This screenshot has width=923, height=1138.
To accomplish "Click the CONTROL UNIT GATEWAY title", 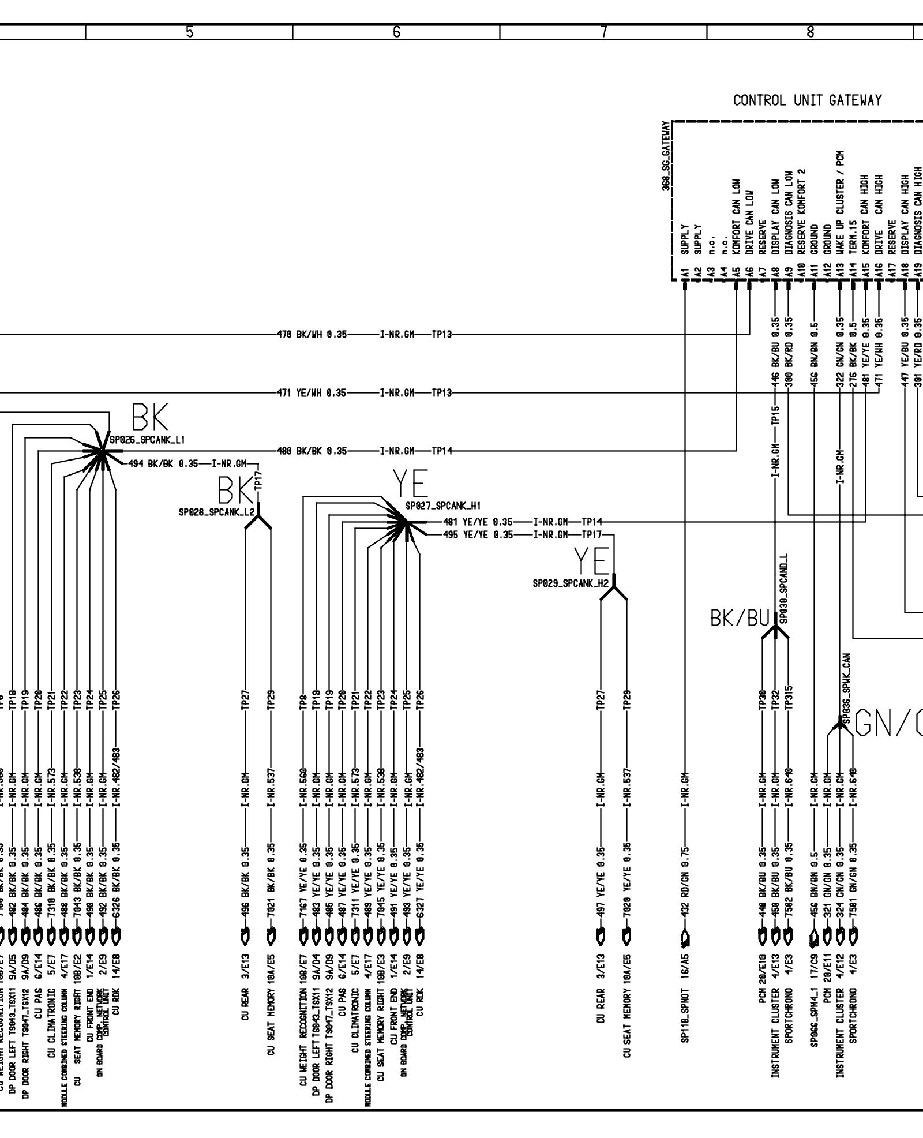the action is [x=807, y=100].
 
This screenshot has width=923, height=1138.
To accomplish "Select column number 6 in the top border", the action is [x=396, y=32].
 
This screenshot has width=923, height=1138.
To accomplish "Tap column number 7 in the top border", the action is [x=603, y=32].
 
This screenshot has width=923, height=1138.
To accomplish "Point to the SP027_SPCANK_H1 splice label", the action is [x=443, y=506].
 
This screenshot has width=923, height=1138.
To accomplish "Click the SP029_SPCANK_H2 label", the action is [x=571, y=584].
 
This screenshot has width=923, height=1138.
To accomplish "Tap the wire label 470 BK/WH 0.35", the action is [x=312, y=334].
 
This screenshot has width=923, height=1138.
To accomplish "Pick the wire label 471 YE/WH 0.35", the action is [x=312, y=393].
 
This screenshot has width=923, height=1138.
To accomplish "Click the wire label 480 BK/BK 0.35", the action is [x=312, y=451].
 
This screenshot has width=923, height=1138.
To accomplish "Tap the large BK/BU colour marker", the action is [x=740, y=619].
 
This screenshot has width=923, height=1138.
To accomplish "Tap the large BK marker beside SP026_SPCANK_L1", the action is [x=151, y=417].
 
